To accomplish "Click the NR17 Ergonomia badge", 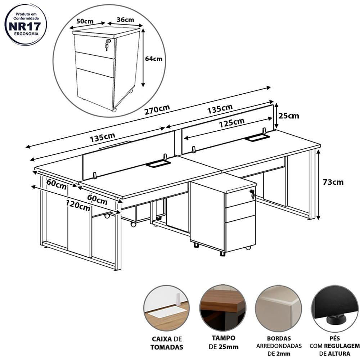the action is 26,24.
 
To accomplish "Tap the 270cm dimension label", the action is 157,109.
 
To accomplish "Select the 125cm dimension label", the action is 231,123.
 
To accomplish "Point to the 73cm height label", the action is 333,182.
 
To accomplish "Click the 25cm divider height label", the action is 289,116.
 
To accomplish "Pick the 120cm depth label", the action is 78,205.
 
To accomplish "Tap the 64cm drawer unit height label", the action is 154,59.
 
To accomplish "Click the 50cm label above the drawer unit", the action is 85,21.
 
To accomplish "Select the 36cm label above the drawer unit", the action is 125,20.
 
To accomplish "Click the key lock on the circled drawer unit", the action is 107,45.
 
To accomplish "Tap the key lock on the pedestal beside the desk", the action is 252,194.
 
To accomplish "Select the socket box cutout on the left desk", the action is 158,164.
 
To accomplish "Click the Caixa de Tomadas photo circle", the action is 167,308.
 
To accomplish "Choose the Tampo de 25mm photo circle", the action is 223,308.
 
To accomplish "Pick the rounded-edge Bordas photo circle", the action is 279,309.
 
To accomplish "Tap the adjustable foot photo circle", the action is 336,309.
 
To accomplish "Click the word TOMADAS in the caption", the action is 167,347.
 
